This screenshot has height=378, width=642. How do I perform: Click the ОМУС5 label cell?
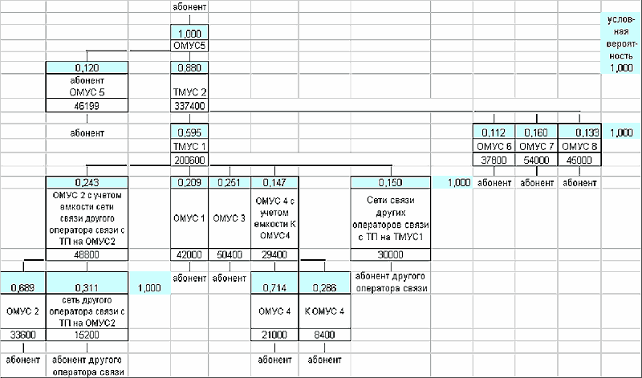click(x=189, y=46)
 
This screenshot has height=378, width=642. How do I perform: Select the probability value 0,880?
click(x=189, y=68)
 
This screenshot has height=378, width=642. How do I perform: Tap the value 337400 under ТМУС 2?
click(x=189, y=104)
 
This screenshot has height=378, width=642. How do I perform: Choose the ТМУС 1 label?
click(x=189, y=147)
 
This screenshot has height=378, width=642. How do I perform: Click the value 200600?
click(x=189, y=159)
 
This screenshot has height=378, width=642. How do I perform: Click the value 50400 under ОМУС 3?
click(x=230, y=254)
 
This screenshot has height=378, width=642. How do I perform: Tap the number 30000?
click(x=388, y=254)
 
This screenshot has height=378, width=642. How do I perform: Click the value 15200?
click(x=87, y=335)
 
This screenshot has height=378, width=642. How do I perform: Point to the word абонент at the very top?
click(x=189, y=7)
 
